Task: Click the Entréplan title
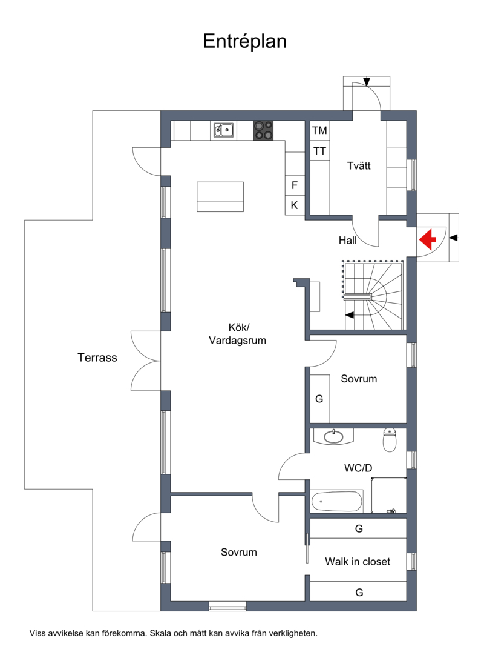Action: tap(244, 42)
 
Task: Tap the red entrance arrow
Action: tap(427, 239)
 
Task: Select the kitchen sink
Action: tap(224, 130)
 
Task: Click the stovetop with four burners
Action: tap(264, 130)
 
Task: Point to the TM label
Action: tap(319, 130)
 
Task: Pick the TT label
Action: tap(319, 151)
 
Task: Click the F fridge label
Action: tap(295, 185)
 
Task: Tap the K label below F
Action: tap(295, 205)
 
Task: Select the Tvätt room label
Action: tap(359, 166)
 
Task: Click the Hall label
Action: tap(347, 240)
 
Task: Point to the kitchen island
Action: tap(220, 197)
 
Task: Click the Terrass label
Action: tap(97, 358)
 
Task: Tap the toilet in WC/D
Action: tap(390, 440)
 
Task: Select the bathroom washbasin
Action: tap(333, 436)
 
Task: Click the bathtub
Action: tap(336, 501)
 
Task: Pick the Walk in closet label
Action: tap(358, 562)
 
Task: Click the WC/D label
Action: tap(358, 468)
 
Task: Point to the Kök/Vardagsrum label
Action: tap(238, 334)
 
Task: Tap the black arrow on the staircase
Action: tap(350, 315)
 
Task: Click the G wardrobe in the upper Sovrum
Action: tap(319, 399)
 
